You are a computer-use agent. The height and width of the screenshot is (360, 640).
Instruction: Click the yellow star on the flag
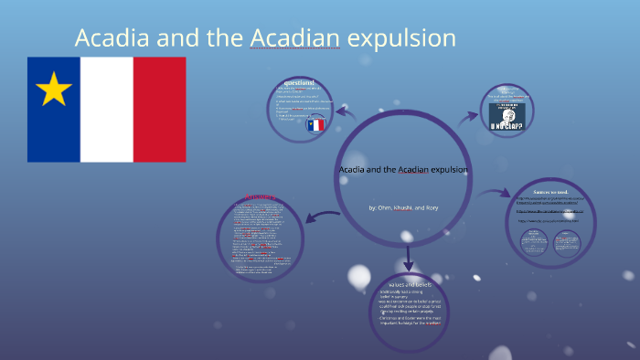coord(54,90)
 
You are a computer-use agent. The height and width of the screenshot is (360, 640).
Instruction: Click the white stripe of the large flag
coord(106,109)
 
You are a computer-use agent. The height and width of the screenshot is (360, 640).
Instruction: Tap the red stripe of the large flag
coord(159,109)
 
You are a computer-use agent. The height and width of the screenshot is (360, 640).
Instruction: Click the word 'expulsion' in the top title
coord(399,38)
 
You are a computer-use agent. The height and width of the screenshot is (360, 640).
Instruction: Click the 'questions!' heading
coord(301,82)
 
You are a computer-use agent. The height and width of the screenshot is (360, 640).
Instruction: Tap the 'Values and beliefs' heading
coord(410,286)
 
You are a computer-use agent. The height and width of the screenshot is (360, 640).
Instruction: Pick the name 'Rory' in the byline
coord(432,208)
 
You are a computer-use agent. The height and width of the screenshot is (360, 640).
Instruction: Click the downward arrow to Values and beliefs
coord(409,256)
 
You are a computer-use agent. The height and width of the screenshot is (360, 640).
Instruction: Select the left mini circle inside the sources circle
coord(534,242)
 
